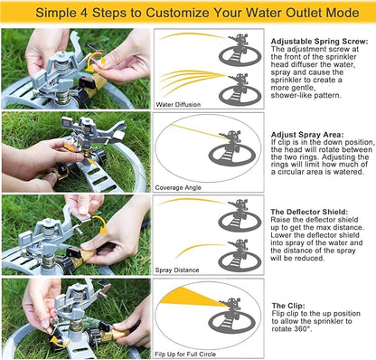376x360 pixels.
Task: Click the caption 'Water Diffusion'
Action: click(x=178, y=104)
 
